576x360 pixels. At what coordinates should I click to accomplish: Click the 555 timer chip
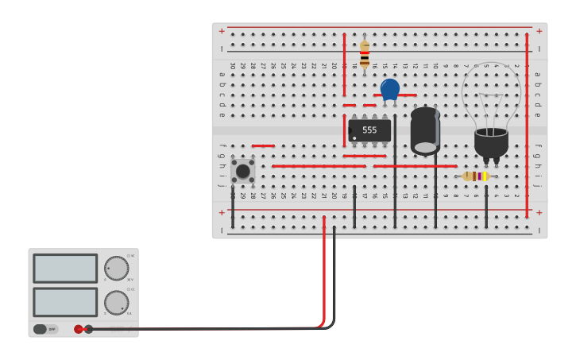pyautogui.click(x=369, y=130)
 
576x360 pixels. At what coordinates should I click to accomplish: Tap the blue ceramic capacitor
pyautogui.click(x=389, y=89)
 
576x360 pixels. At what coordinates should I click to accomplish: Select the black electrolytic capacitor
pyautogui.click(x=425, y=130)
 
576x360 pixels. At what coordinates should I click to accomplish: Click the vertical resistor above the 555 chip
pyautogui.click(x=365, y=54)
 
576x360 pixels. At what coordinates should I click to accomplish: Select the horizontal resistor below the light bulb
pyautogui.click(x=476, y=176)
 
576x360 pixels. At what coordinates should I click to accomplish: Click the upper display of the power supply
pyautogui.click(x=65, y=269)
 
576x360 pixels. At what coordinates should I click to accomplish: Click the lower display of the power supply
pyautogui.click(x=65, y=302)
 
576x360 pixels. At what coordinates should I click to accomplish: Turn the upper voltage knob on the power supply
pyautogui.click(x=116, y=268)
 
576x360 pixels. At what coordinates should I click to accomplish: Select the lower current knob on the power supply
pyautogui.click(x=116, y=302)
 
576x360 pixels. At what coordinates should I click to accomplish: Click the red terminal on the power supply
pyautogui.click(x=78, y=329)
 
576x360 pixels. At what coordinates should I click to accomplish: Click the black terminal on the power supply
pyautogui.click(x=89, y=329)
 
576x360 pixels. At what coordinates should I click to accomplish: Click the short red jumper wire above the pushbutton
pyautogui.click(x=263, y=146)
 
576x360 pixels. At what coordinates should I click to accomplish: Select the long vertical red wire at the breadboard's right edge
pyautogui.click(x=527, y=123)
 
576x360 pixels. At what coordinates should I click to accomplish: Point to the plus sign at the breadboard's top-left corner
pyautogui.click(x=222, y=32)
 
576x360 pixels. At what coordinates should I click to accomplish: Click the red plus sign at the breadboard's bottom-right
pyautogui.click(x=539, y=212)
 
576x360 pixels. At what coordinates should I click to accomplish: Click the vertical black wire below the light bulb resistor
pyautogui.click(x=486, y=205)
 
